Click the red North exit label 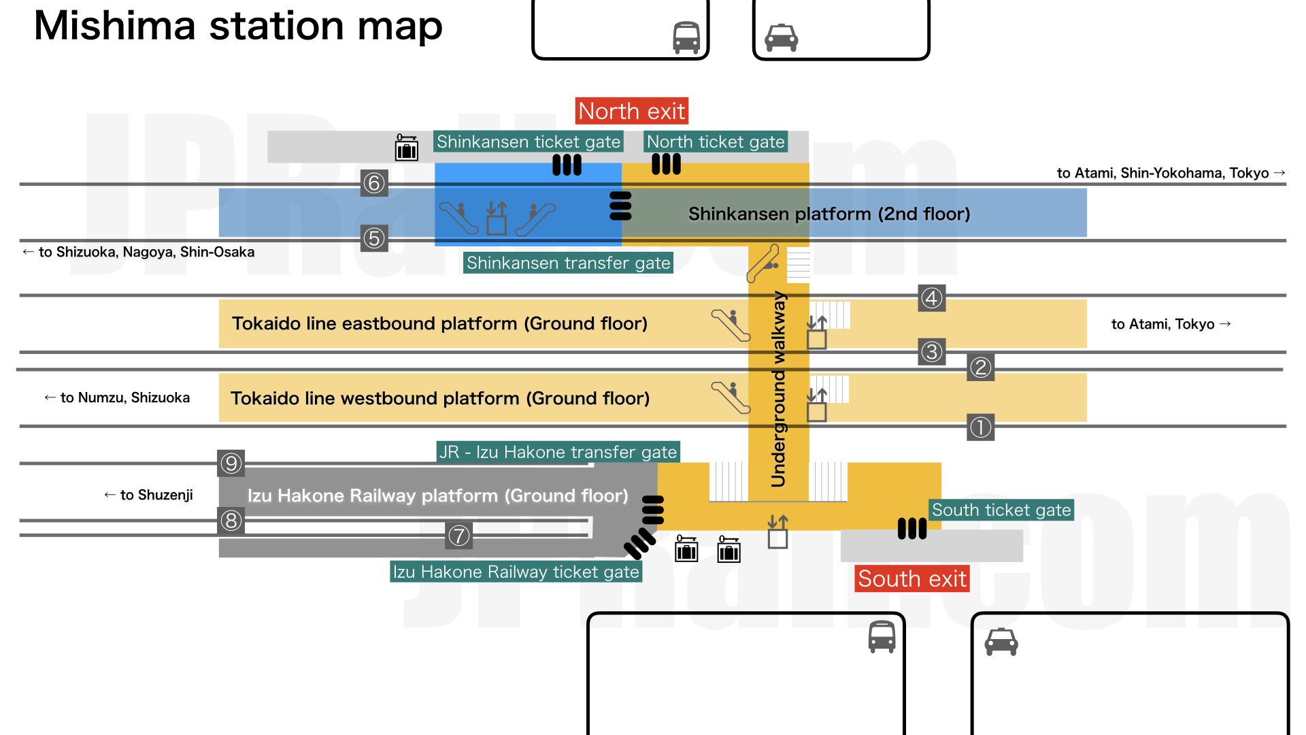631,111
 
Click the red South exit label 911,579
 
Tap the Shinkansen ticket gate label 528,142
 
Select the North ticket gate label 716,142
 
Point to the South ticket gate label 1001,510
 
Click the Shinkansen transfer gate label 568,263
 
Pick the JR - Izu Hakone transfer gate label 558,452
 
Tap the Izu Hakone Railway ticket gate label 516,572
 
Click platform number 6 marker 374,183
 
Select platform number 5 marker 374,238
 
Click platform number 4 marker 931,298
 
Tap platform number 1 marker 980,427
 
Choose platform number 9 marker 231,463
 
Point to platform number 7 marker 458,536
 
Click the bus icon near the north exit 686,37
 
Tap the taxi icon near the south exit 1001,641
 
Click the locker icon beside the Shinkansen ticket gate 407,148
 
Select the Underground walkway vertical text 778,389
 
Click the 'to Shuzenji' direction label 148,495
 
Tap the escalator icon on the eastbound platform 730,325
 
